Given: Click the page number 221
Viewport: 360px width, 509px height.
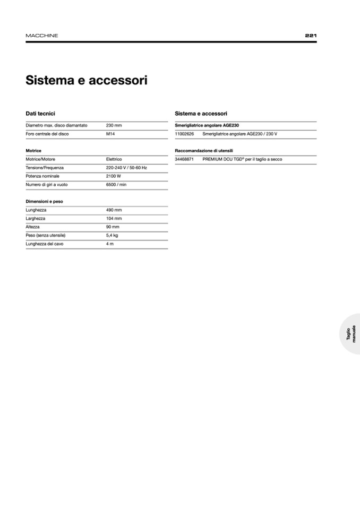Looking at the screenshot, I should tap(311, 36).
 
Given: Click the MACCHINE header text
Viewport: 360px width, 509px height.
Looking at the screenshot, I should tap(42, 36).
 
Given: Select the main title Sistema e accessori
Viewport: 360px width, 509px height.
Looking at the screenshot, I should tap(87, 81).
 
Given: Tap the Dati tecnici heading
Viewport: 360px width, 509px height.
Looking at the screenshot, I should tap(40, 114).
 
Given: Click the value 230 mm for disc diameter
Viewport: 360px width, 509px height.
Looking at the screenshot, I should tap(114, 125).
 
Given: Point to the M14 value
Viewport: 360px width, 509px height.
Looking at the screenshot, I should tap(110, 134).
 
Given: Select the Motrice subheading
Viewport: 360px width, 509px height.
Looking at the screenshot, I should tap(33, 151).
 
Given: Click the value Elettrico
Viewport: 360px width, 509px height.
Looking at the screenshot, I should tap(114, 159).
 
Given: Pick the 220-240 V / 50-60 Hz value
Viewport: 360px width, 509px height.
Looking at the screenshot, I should tap(126, 168).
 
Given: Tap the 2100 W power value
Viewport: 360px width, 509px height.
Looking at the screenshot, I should tap(113, 176).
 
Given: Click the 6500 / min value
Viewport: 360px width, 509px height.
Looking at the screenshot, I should tap(116, 185).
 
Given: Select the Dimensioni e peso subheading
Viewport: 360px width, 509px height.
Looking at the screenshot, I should tap(44, 202).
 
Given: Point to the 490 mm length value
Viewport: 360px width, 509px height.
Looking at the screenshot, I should tap(114, 210).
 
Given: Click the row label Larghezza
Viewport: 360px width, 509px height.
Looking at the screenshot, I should tap(36, 219).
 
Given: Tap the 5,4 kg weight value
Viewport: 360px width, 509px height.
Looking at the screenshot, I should tap(112, 235).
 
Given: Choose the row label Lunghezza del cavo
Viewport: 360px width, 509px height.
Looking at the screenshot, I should tap(45, 244).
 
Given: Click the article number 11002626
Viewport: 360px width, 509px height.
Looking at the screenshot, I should tap(184, 134).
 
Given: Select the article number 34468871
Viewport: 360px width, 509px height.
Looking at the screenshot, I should tap(184, 159).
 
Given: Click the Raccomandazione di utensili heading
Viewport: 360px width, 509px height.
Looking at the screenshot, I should tap(204, 151).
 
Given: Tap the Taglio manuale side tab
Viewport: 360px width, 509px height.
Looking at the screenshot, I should tap(351, 334).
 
